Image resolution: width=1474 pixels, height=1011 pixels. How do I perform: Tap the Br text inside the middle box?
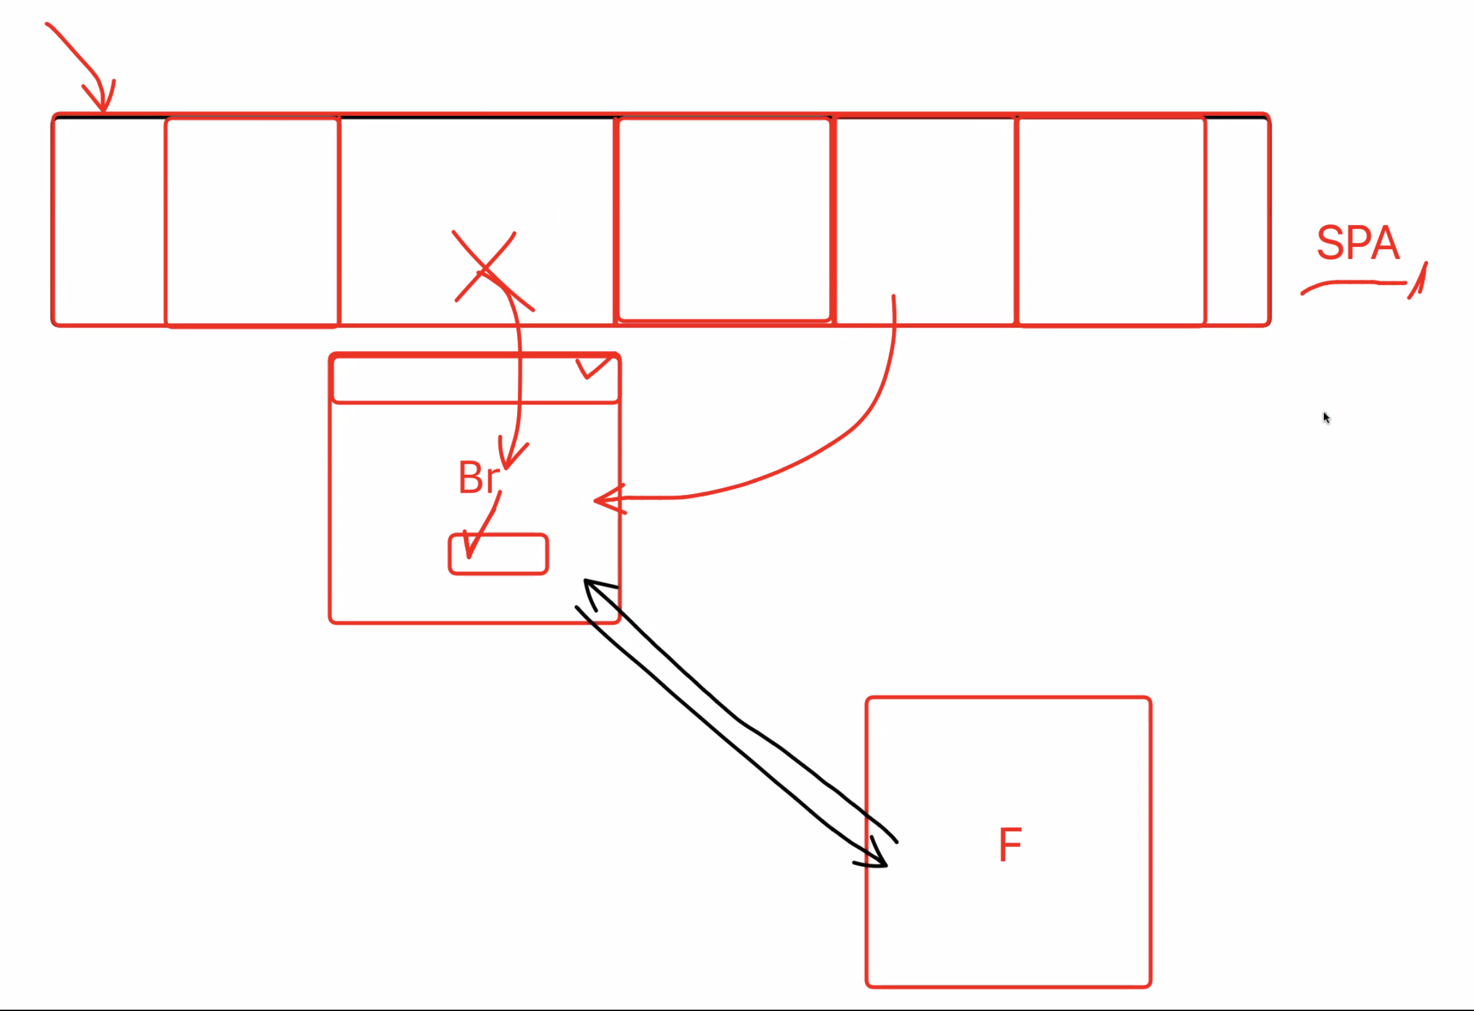click(x=478, y=478)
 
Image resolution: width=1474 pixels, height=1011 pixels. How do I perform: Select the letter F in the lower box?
click(x=1010, y=844)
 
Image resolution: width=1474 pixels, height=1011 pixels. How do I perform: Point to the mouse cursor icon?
click(x=1326, y=418)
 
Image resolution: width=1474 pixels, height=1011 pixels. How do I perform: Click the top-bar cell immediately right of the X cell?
click(x=724, y=220)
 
